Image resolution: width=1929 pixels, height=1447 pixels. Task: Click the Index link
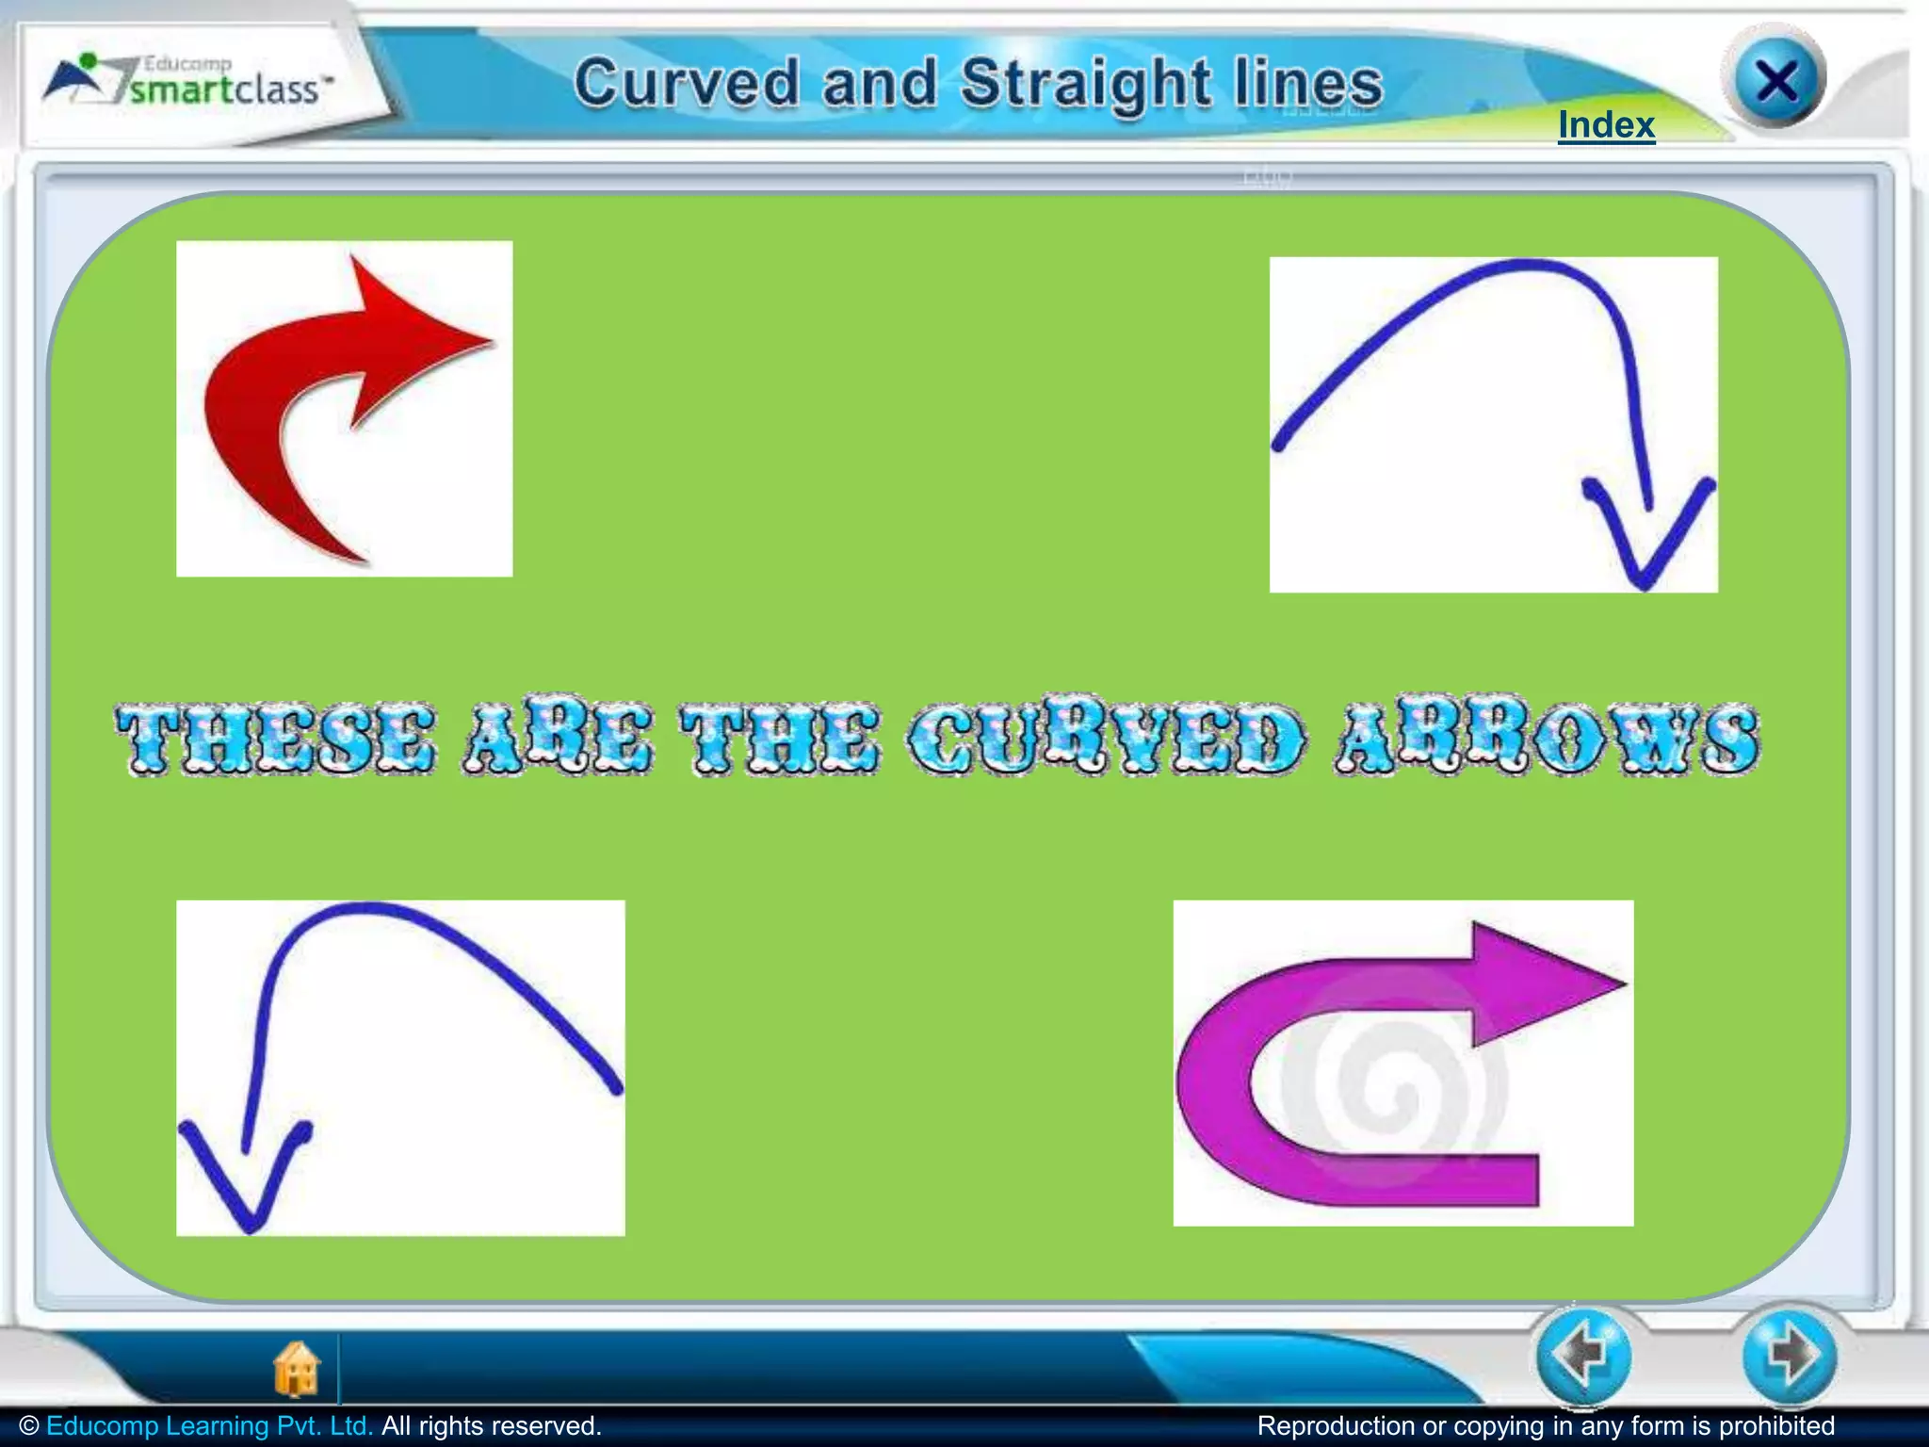click(x=1606, y=125)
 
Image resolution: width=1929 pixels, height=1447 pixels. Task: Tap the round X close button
click(x=1775, y=81)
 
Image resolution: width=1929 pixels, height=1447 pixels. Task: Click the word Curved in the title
click(x=687, y=83)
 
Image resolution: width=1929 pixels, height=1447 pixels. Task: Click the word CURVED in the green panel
click(x=1108, y=740)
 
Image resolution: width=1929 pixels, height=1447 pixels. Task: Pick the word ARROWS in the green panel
click(x=1546, y=740)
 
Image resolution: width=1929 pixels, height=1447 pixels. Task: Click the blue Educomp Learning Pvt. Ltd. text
click(x=209, y=1426)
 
